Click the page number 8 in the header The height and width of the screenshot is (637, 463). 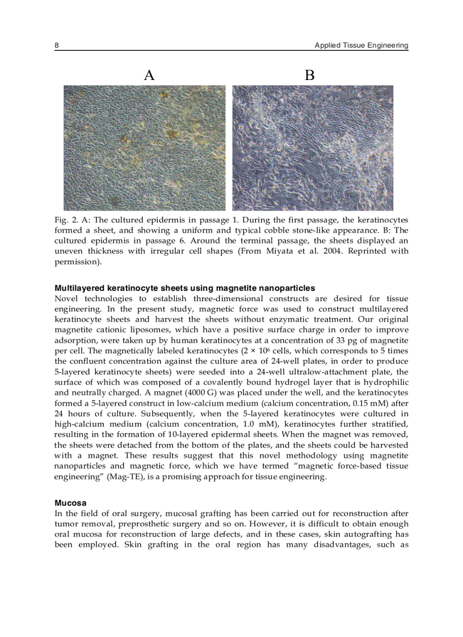[57, 45]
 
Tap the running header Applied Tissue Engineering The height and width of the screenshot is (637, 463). [361, 45]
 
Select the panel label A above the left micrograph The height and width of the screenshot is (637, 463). [149, 75]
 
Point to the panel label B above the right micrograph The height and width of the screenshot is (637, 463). [309, 75]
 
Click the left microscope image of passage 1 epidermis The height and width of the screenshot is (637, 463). [144, 147]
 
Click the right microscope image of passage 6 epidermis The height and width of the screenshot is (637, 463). [313, 147]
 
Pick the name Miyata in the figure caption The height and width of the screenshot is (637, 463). [283, 251]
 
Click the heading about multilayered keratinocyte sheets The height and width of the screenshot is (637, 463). [184, 288]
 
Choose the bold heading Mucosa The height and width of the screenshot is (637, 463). [70, 503]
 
